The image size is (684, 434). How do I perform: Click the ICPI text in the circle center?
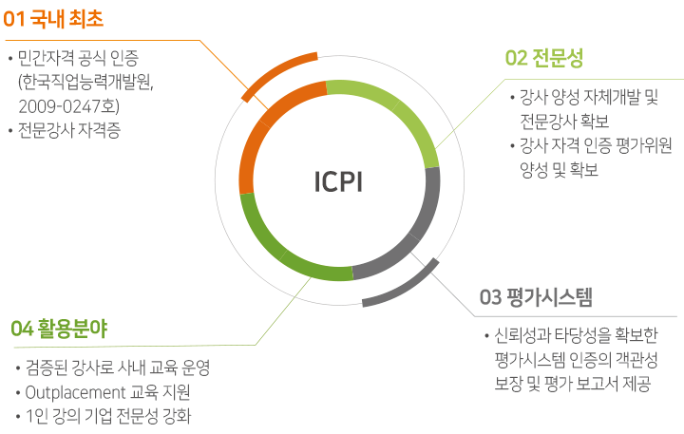click(x=338, y=180)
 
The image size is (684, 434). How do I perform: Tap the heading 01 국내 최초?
click(x=54, y=18)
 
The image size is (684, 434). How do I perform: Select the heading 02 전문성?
click(x=543, y=58)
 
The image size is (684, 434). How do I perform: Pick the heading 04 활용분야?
click(x=59, y=329)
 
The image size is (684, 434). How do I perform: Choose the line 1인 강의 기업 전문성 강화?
click(x=114, y=416)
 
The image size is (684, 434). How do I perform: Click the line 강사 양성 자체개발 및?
click(x=589, y=98)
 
